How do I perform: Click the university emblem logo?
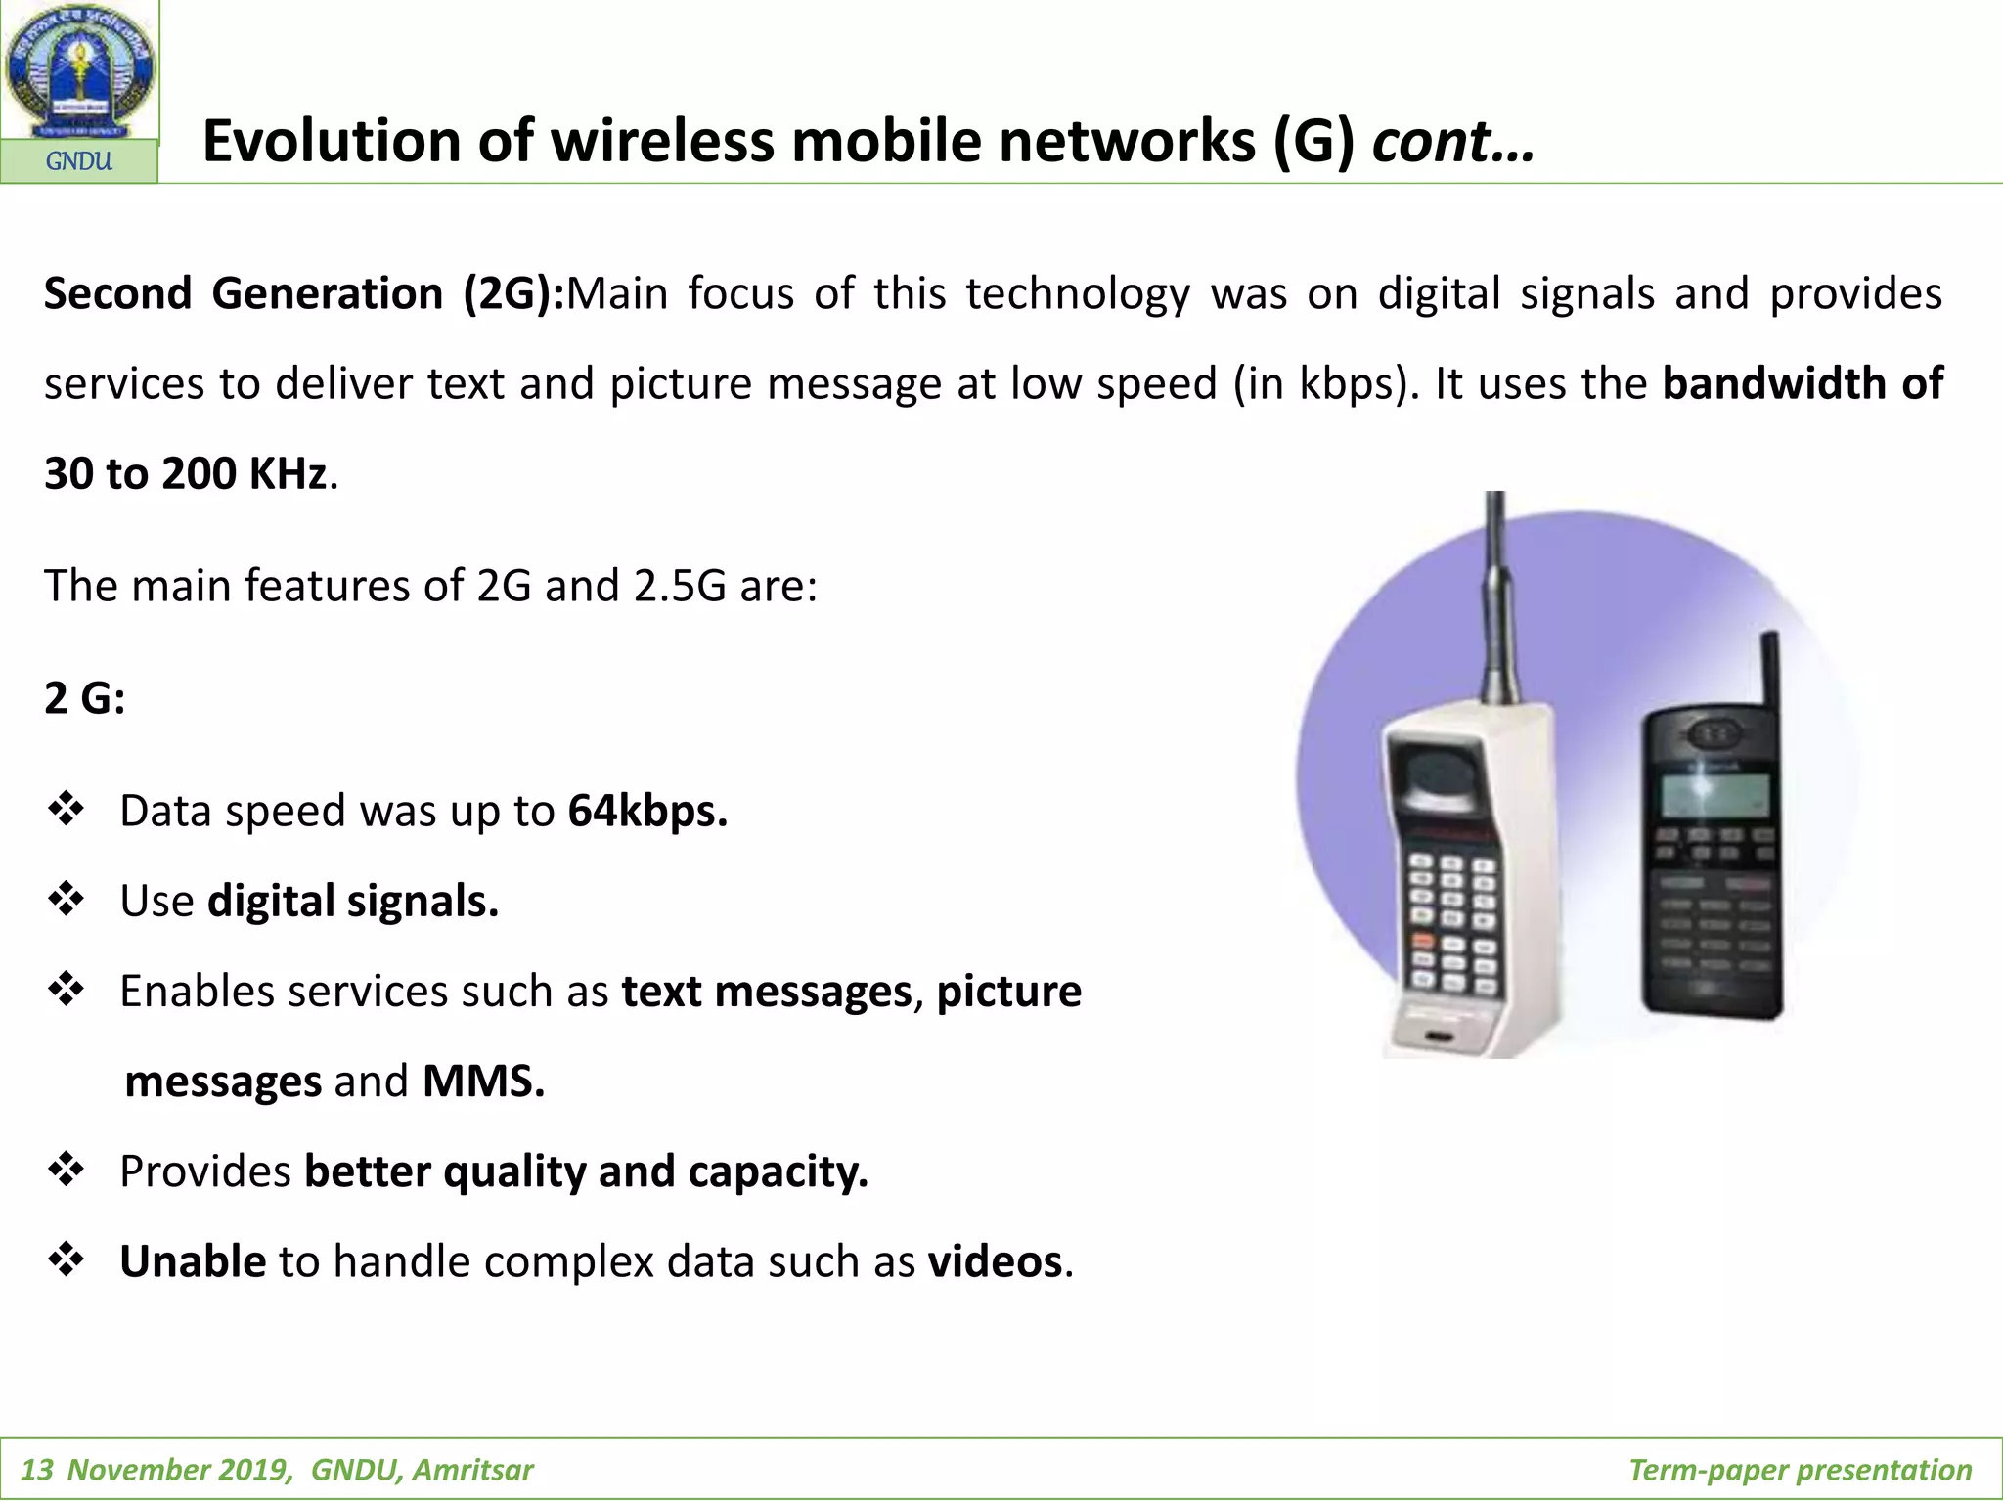79,70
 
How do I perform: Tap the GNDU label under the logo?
79,161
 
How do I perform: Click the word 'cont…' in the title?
1452,141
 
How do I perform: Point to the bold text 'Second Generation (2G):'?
304,293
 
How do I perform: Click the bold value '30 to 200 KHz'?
186,473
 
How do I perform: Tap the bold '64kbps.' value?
647,811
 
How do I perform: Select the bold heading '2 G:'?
85,698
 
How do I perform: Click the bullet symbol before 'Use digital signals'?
67,900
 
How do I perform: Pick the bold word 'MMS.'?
483,1082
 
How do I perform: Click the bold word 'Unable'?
193,1261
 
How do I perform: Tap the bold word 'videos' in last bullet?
995,1261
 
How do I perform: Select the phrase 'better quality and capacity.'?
586,1171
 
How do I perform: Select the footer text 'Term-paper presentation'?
1800,1470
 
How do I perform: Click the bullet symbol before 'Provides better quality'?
67,1170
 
